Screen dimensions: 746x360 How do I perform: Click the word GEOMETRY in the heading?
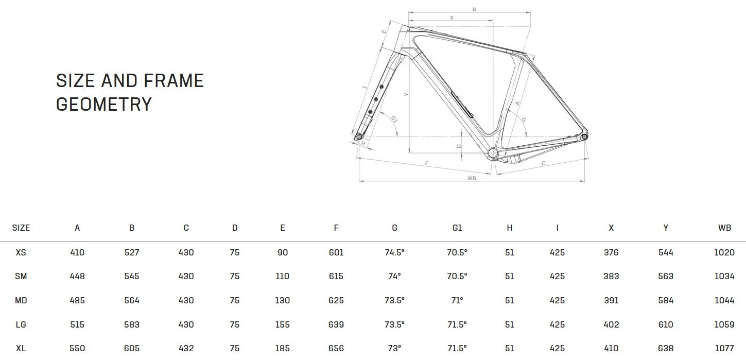click(x=104, y=104)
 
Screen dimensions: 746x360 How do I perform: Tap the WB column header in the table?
click(x=724, y=228)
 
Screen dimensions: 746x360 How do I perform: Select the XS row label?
click(x=21, y=252)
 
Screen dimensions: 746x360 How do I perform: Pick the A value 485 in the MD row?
click(x=77, y=300)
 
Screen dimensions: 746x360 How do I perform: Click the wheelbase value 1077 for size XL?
click(x=724, y=348)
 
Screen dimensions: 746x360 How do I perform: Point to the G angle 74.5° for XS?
click(x=394, y=252)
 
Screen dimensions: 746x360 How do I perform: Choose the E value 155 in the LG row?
click(x=283, y=324)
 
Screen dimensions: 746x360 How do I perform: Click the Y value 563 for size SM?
click(x=666, y=277)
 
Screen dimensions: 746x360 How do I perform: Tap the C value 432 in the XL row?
click(x=186, y=348)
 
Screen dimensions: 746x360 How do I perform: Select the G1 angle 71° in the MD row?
click(x=457, y=300)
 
